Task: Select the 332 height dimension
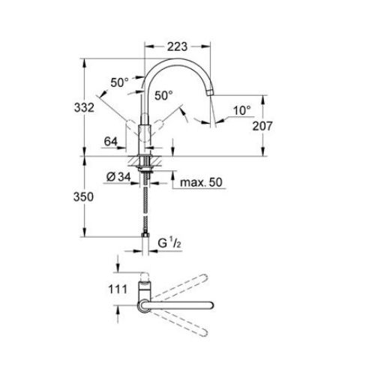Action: [x=86, y=107]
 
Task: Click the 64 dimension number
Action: [x=111, y=141]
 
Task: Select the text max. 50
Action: [x=201, y=182]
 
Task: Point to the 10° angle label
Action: [x=241, y=110]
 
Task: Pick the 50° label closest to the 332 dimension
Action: [x=120, y=82]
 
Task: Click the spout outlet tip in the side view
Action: [x=213, y=93]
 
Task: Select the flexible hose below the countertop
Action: [x=145, y=206]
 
